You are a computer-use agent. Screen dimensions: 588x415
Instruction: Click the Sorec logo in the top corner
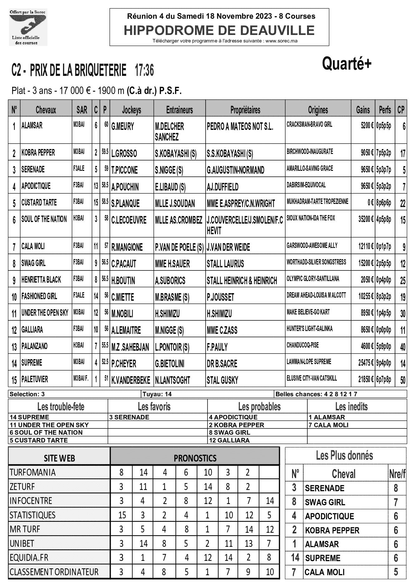(28, 27)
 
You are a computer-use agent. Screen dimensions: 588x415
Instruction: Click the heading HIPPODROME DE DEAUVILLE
(219, 30)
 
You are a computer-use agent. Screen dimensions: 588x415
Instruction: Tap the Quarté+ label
(347, 64)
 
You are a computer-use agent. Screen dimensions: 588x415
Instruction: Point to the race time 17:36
(144, 71)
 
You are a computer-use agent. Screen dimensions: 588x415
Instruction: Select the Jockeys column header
(131, 110)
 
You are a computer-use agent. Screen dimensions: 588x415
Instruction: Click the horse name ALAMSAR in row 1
(32, 126)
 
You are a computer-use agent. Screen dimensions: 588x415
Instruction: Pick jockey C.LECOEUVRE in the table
(129, 220)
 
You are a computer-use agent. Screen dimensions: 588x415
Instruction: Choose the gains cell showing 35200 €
(366, 218)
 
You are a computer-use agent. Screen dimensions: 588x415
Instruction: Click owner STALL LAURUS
(225, 264)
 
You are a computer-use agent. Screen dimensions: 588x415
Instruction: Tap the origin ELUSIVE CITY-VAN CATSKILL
(312, 378)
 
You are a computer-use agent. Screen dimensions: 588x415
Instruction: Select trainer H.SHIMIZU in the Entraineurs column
(167, 314)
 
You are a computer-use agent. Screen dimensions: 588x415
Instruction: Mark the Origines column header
(318, 110)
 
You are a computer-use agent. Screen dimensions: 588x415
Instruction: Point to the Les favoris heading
(154, 407)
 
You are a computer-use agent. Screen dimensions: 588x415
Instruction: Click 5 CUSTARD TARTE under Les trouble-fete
(39, 440)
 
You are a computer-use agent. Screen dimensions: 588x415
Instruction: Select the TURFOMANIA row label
(33, 472)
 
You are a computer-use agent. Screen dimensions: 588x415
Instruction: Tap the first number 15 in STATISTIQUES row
(122, 515)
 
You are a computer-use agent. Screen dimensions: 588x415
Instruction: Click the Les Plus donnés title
(344, 456)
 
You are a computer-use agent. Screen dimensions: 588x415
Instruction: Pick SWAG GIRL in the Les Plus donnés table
(325, 502)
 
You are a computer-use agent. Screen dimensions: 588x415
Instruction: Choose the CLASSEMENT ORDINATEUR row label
(54, 572)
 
